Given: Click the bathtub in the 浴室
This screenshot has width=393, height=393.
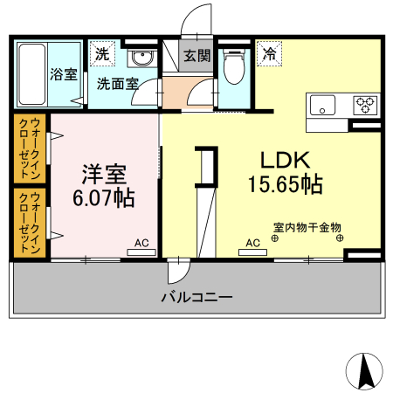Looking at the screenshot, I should pyautogui.click(x=31, y=74).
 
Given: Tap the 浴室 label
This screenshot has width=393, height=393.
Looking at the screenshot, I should pyautogui.click(x=63, y=74).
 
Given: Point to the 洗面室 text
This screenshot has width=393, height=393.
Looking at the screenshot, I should pyautogui.click(x=117, y=85).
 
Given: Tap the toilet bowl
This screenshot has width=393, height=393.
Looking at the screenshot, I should pyautogui.click(x=233, y=66).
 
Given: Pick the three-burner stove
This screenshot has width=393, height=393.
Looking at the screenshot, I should pyautogui.click(x=364, y=105).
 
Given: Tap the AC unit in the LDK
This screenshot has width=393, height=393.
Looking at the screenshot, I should pyautogui.click(x=252, y=251).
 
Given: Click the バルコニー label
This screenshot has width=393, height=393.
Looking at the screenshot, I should pyautogui.click(x=196, y=298).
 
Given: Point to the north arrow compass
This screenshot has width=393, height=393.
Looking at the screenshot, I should pyautogui.click(x=366, y=370).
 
